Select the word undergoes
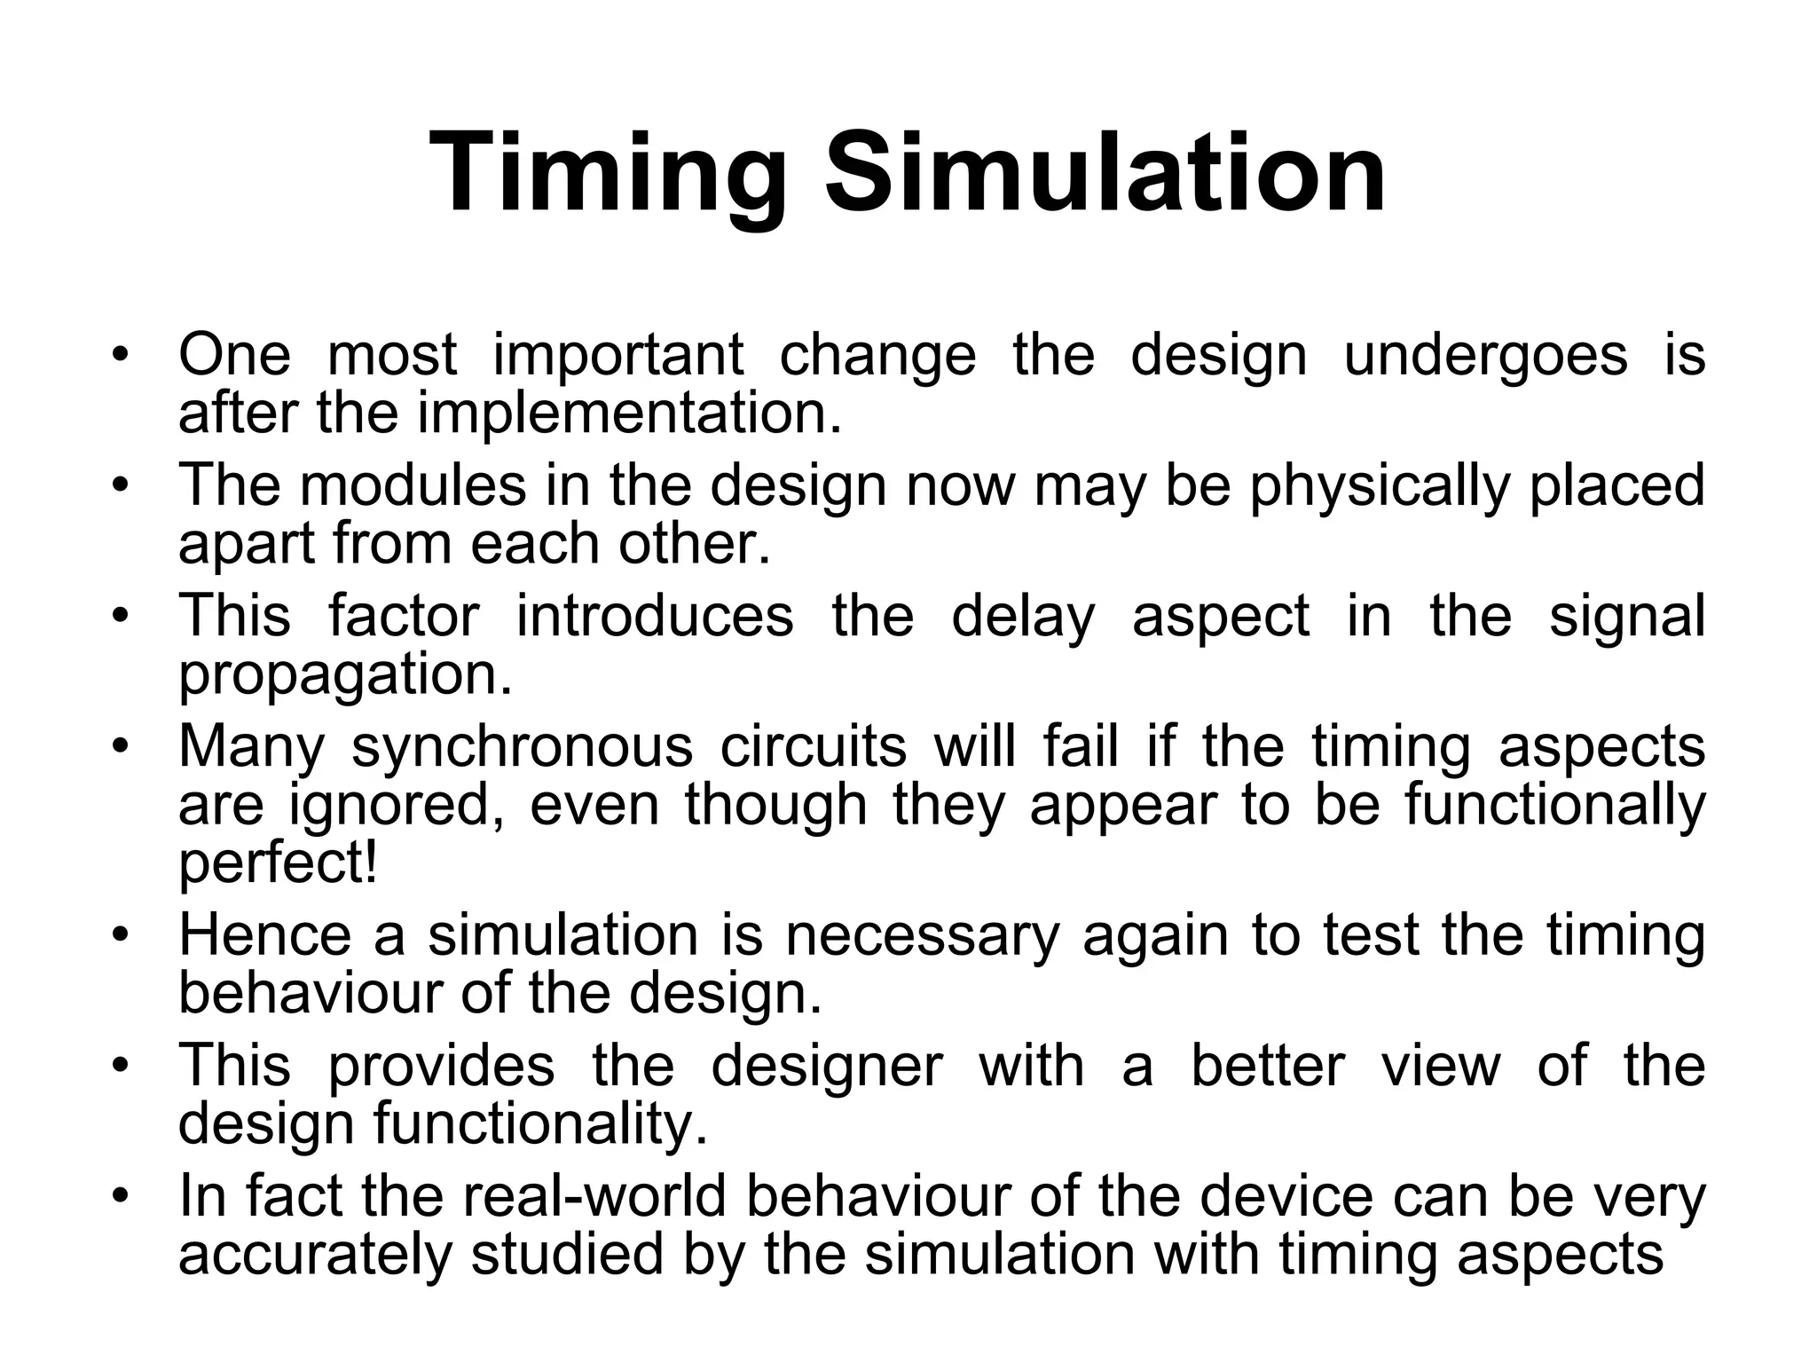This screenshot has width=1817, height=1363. pos(1485,355)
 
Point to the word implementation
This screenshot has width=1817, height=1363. pos(629,413)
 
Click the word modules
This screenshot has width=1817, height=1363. pos(413,485)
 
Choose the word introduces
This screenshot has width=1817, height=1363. pos(655,616)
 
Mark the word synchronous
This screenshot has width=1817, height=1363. pos(522,747)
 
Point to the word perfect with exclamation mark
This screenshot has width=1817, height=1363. pos(279,864)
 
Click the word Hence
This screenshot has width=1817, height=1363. pos(265,935)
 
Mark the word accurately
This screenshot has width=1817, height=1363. pos(315,1255)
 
